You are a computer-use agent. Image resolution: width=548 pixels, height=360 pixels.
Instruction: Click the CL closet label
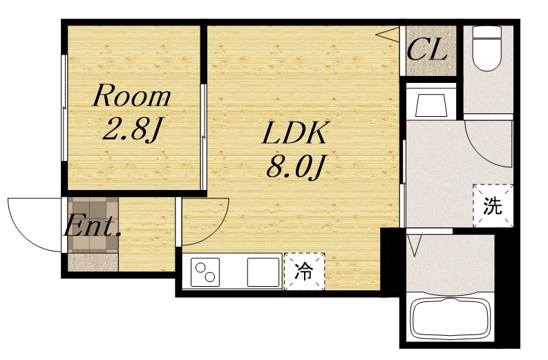point(427,50)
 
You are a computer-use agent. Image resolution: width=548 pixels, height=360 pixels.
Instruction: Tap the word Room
point(132,95)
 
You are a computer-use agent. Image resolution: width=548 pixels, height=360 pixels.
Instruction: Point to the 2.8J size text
point(131,129)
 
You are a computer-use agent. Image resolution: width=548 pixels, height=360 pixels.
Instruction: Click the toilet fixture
point(486,48)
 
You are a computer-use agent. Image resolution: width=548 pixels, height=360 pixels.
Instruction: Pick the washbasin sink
point(431,105)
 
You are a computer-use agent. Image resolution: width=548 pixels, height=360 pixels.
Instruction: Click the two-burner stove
point(205,272)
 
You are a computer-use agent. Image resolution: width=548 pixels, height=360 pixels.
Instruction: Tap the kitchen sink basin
point(263,272)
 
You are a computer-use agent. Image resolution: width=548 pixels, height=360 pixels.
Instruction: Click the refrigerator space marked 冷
point(304,272)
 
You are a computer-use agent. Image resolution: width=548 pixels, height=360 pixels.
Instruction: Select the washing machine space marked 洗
point(493,206)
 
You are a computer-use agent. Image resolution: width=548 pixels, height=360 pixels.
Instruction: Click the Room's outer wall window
point(64,108)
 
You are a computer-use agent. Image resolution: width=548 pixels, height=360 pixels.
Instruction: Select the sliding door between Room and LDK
point(203,137)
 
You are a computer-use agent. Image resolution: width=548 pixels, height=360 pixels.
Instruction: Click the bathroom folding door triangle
point(415,245)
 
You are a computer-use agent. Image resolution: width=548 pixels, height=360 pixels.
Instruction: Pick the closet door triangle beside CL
point(388,35)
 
